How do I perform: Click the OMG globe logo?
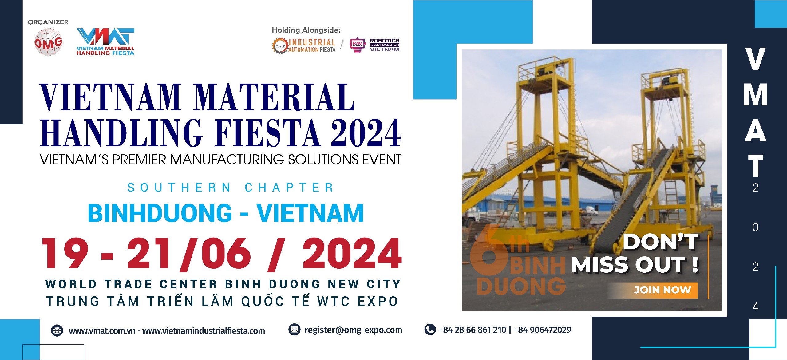[48, 42]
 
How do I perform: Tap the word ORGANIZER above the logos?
[48, 22]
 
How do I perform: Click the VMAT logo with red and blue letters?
[105, 42]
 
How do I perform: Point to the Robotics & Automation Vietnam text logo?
[385, 45]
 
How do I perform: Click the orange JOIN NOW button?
[662, 290]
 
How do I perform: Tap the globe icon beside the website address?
[57, 331]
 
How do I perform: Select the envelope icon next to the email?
[294, 330]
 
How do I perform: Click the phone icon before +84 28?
[430, 330]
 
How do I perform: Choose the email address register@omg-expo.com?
[353, 330]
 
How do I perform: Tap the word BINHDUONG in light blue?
[160, 213]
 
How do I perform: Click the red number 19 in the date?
[65, 253]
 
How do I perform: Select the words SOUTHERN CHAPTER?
[231, 188]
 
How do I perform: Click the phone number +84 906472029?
[542, 330]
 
